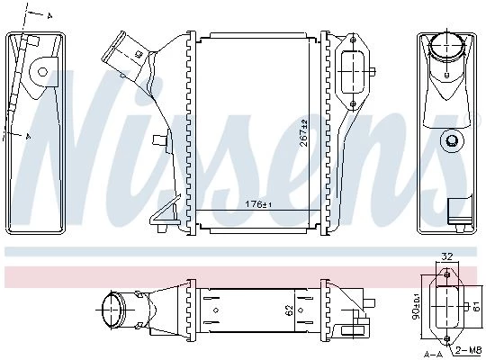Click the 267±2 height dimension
[x=304, y=132]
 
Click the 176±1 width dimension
[x=258, y=204]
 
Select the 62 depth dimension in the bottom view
[x=289, y=310]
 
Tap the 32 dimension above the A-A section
[x=446, y=256]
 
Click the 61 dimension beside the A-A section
[x=476, y=307]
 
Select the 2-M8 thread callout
[x=469, y=350]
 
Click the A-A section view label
[x=434, y=354]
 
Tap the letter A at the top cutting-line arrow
[x=49, y=16]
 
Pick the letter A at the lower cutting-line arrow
[x=28, y=136]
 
